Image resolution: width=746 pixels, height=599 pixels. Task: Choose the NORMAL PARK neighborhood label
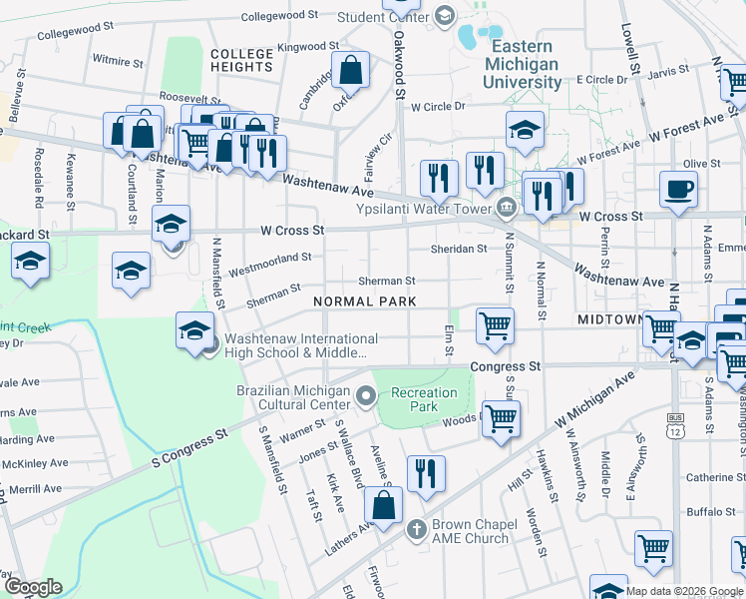(363, 300)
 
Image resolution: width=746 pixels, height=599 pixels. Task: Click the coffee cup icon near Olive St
(679, 189)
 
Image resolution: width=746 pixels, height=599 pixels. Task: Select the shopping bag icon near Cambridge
(350, 71)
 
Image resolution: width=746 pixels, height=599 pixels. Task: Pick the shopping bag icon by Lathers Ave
(383, 505)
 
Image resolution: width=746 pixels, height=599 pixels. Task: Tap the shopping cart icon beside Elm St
(495, 325)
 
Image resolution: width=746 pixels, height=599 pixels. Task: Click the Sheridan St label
(458, 249)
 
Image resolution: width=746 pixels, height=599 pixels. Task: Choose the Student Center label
(383, 17)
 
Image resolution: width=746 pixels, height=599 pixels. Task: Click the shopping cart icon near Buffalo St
(653, 547)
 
